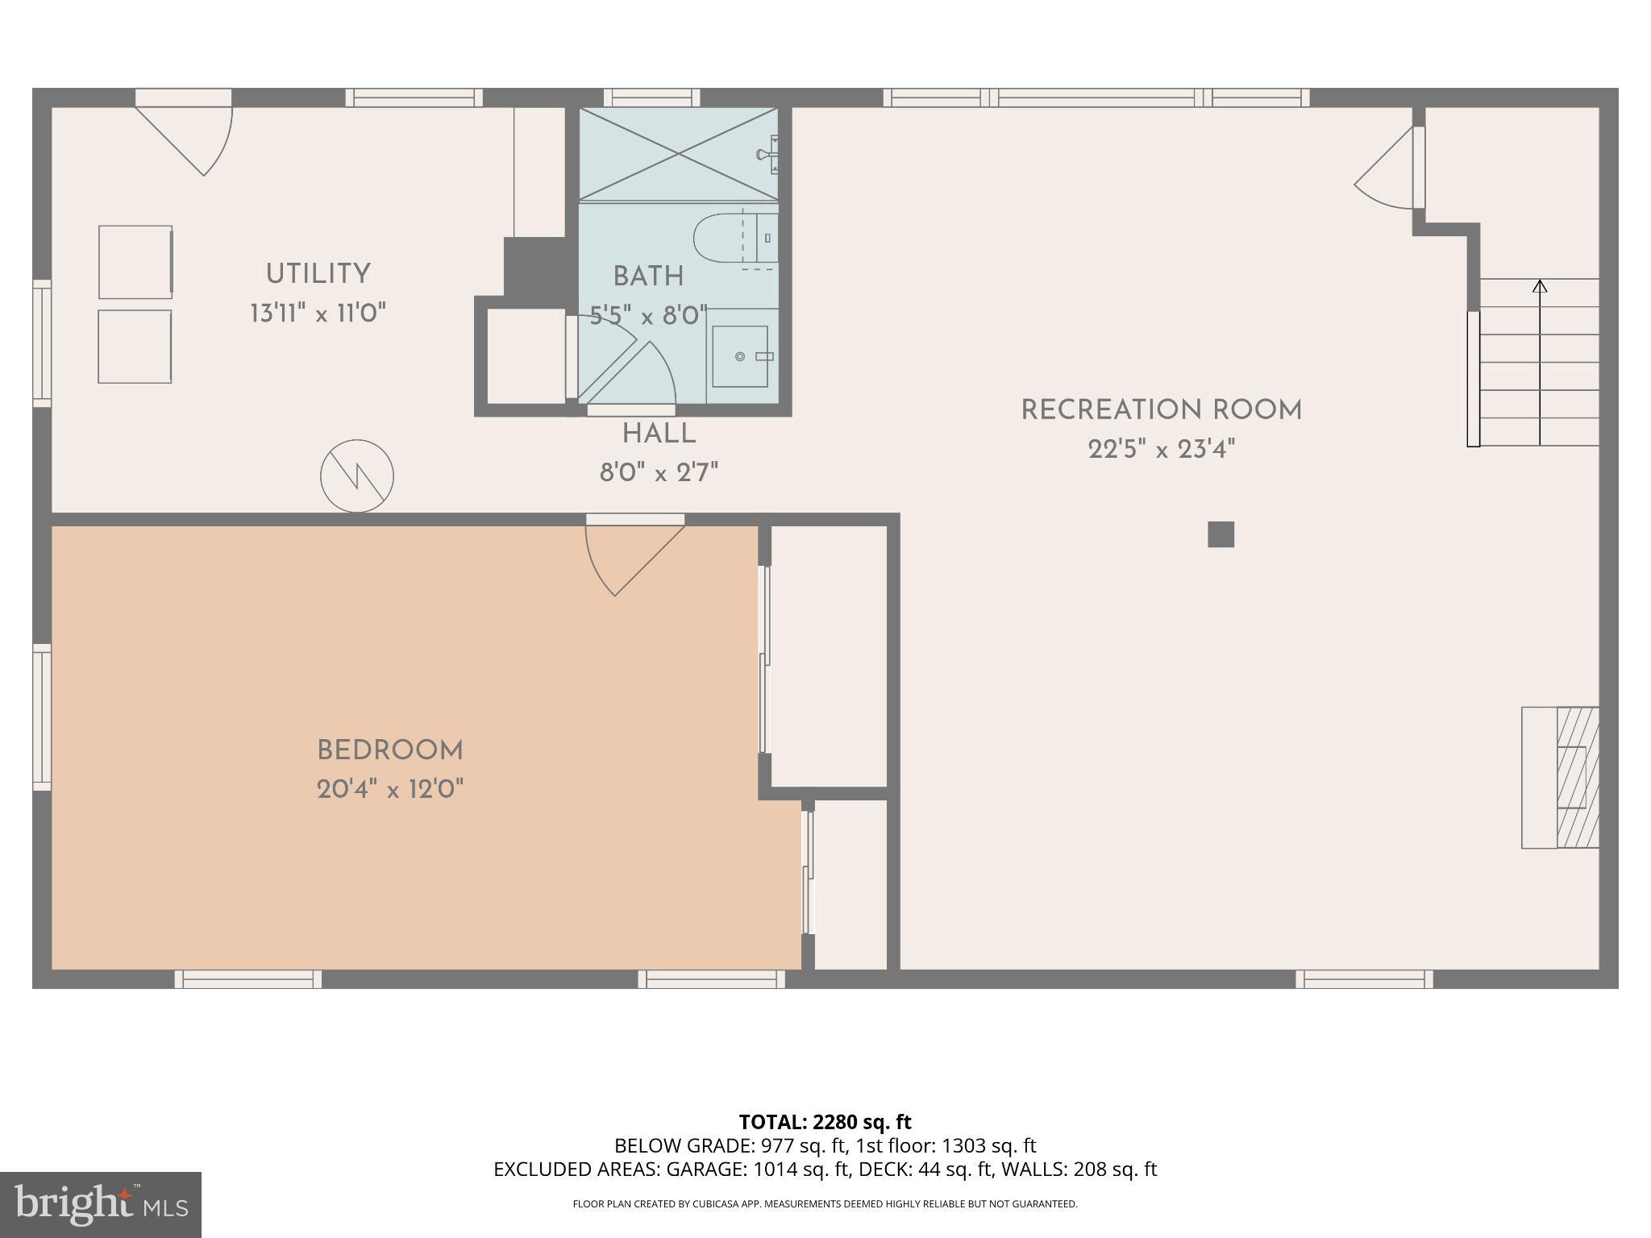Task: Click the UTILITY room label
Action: click(318, 274)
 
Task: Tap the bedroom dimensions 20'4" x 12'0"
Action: click(390, 789)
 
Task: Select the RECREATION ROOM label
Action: click(1161, 410)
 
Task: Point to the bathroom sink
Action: click(740, 356)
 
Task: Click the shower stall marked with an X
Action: click(677, 153)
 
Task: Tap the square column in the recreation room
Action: click(1221, 534)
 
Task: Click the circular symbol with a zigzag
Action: click(357, 476)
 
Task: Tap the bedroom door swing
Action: click(625, 556)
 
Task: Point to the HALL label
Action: click(659, 434)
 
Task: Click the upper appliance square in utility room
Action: click(135, 262)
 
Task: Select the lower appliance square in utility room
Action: click(135, 347)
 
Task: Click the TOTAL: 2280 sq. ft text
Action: click(825, 1122)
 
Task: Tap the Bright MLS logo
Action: click(100, 1204)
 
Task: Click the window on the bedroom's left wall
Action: click(42, 717)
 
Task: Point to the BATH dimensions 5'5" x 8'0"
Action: click(648, 315)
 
